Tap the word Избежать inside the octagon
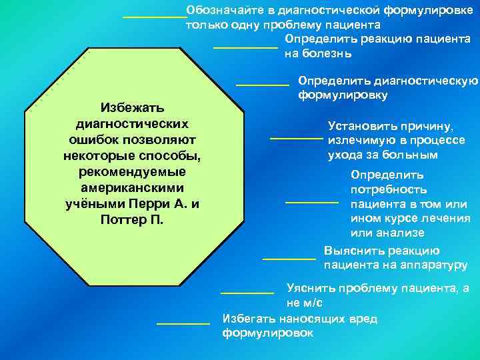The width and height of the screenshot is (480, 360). [133, 107]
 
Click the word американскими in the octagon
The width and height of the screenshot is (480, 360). [133, 187]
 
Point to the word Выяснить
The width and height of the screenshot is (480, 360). [351, 251]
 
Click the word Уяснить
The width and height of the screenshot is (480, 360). [309, 289]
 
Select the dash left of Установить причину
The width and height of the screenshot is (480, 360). [295, 139]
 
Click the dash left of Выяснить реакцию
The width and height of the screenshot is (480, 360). [289, 258]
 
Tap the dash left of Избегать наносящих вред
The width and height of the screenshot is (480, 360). [183, 323]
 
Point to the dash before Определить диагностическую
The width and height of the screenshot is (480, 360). [262, 85]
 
